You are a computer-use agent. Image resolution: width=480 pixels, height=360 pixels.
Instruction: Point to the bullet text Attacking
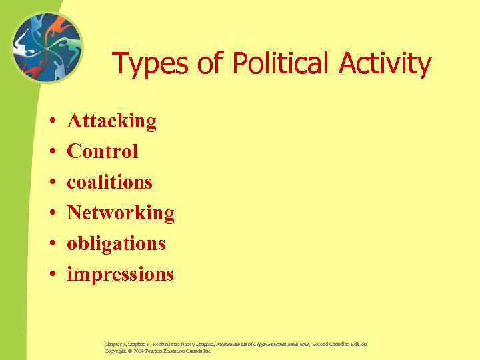(x=112, y=121)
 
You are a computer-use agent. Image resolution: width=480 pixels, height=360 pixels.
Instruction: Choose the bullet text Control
(x=103, y=151)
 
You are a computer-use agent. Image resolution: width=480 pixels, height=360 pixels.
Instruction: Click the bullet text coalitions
(x=110, y=182)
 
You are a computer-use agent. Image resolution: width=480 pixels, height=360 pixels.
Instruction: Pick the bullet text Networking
(x=121, y=213)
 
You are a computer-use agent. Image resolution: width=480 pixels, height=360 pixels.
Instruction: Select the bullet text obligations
(x=116, y=243)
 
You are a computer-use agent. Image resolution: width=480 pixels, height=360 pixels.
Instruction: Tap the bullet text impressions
(x=120, y=274)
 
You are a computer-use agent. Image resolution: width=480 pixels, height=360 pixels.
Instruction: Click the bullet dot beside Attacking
(x=51, y=122)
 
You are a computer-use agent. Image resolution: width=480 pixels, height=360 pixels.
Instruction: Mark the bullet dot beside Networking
(x=51, y=213)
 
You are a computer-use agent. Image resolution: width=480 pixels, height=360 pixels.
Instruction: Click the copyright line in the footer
(x=157, y=351)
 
